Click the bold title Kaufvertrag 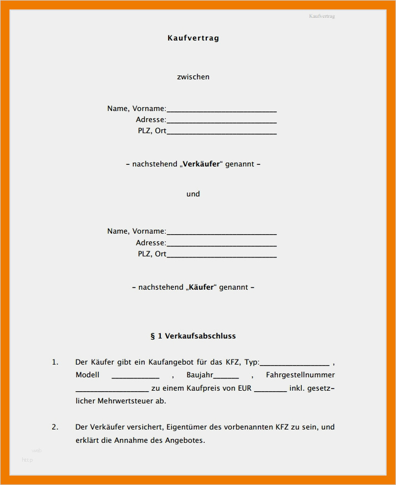coord(193,38)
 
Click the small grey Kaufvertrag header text coord(322,16)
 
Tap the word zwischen coord(193,77)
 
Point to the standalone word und coord(193,194)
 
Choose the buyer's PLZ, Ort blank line coord(221,256)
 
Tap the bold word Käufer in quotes coord(201,287)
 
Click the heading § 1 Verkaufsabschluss coord(193,336)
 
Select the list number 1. coord(55,362)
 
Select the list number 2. coord(55,427)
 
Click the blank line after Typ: coord(295,365)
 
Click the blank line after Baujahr coord(226,377)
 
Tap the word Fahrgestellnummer coord(300,375)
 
